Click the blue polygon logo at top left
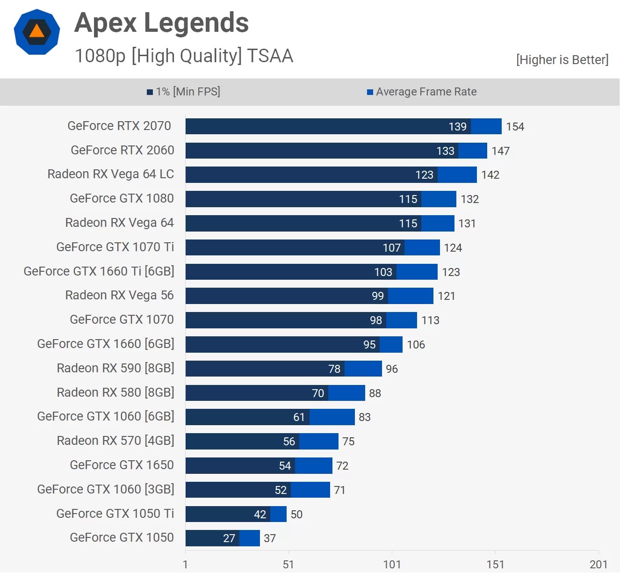pyautogui.click(x=37, y=32)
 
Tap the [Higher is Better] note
pyautogui.click(x=562, y=60)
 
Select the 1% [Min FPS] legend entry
pyautogui.click(x=183, y=92)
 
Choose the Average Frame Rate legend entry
pyautogui.click(x=422, y=92)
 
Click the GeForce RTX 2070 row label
pyautogui.click(x=119, y=126)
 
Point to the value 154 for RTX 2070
pyautogui.click(x=515, y=127)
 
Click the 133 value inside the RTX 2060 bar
pyautogui.click(x=445, y=151)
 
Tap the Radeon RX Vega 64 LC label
pyautogui.click(x=111, y=174)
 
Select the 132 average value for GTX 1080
pyautogui.click(x=469, y=199)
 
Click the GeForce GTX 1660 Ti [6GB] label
pyautogui.click(x=99, y=271)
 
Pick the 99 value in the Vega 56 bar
pyautogui.click(x=377, y=296)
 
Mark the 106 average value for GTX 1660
pyautogui.click(x=416, y=345)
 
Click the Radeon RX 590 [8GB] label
pyautogui.click(x=115, y=368)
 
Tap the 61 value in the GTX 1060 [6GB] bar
pyautogui.click(x=299, y=417)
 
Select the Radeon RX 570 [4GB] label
pyautogui.click(x=115, y=441)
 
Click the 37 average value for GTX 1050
pyautogui.click(x=270, y=538)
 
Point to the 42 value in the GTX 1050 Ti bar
pyautogui.click(x=260, y=515)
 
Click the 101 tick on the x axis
pyautogui.click(x=392, y=565)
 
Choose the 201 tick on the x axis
pyautogui.click(x=598, y=565)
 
